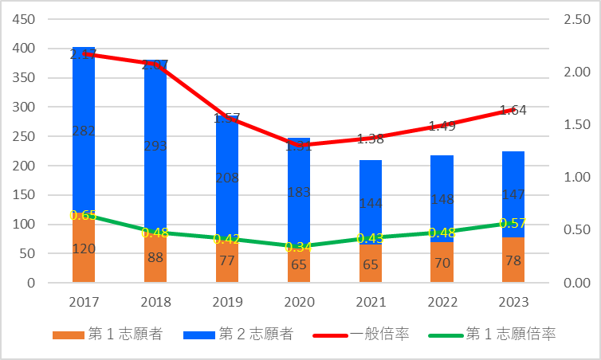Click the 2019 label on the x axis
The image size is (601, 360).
point(227,303)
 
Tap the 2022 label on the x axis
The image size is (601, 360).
point(442,303)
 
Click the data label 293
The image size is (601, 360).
point(155,146)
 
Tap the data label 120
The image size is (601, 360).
point(84,248)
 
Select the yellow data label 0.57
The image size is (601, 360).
point(513,223)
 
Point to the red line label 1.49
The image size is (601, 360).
point(442,126)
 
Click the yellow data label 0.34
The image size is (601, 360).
point(298,247)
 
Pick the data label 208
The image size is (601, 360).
point(227,178)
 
